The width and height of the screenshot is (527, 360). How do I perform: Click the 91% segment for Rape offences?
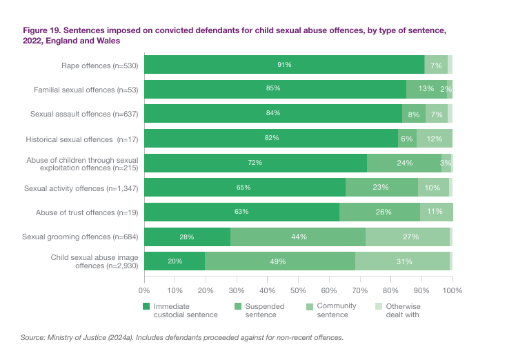click(284, 65)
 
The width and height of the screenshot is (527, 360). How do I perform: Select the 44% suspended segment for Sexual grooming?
click(298, 237)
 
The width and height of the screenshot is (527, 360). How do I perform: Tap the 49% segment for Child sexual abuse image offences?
click(280, 261)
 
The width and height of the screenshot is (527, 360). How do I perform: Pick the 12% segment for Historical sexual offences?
click(435, 139)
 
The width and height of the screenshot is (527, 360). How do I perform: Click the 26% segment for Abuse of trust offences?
click(379, 212)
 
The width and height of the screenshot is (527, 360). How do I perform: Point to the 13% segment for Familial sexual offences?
click(426, 89)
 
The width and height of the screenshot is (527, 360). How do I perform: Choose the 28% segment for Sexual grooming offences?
click(187, 237)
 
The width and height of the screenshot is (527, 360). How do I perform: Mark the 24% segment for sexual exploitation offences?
click(404, 163)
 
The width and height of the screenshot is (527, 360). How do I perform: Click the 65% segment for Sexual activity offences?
click(244, 188)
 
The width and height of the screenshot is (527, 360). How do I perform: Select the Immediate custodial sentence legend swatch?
click(146, 306)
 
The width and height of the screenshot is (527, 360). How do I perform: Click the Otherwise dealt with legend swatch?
click(378, 306)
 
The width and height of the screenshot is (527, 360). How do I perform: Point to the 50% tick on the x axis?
click(298, 290)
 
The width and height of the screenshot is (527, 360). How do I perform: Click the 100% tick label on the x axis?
click(452, 290)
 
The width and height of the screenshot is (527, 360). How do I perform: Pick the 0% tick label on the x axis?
click(145, 290)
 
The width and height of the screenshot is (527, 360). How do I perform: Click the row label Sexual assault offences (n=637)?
click(85, 114)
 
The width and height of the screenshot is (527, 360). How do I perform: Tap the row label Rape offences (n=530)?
click(99, 65)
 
